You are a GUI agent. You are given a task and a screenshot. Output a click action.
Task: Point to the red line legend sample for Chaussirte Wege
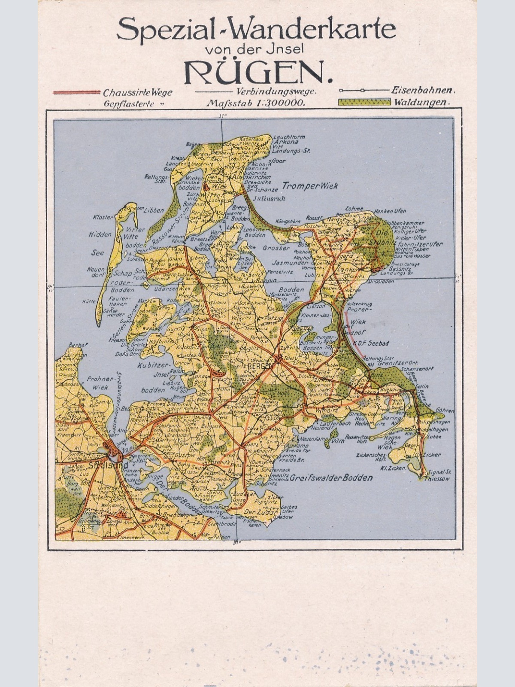coord(76,92)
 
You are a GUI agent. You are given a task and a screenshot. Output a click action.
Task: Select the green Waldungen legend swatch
coord(364,102)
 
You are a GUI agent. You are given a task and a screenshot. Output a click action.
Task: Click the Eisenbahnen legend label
coord(423,91)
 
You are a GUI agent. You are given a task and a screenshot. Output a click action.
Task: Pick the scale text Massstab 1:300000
coord(256,103)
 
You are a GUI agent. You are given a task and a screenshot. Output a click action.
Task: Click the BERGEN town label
coord(260,366)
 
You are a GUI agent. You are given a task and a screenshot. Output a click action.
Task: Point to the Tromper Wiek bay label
coord(310,186)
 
